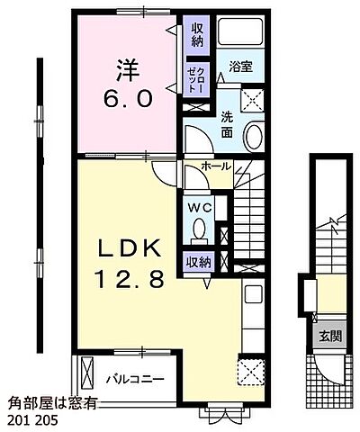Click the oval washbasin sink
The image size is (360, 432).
pyautogui.click(x=255, y=138)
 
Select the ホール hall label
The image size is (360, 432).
pyautogui.click(x=216, y=166)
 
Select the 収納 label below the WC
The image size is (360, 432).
pyautogui.click(x=199, y=262)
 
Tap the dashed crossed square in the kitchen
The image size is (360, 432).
pyautogui.click(x=250, y=371)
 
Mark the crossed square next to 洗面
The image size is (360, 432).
pyautogui.click(x=252, y=102)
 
